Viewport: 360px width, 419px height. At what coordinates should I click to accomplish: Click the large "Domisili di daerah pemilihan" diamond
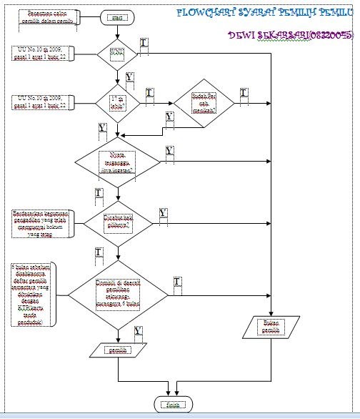(x=118, y=294)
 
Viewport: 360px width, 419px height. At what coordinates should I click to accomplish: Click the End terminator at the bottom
(x=172, y=405)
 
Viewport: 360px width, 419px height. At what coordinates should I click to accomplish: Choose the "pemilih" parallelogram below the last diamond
(x=115, y=350)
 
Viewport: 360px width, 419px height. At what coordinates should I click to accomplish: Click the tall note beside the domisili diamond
(x=34, y=294)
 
